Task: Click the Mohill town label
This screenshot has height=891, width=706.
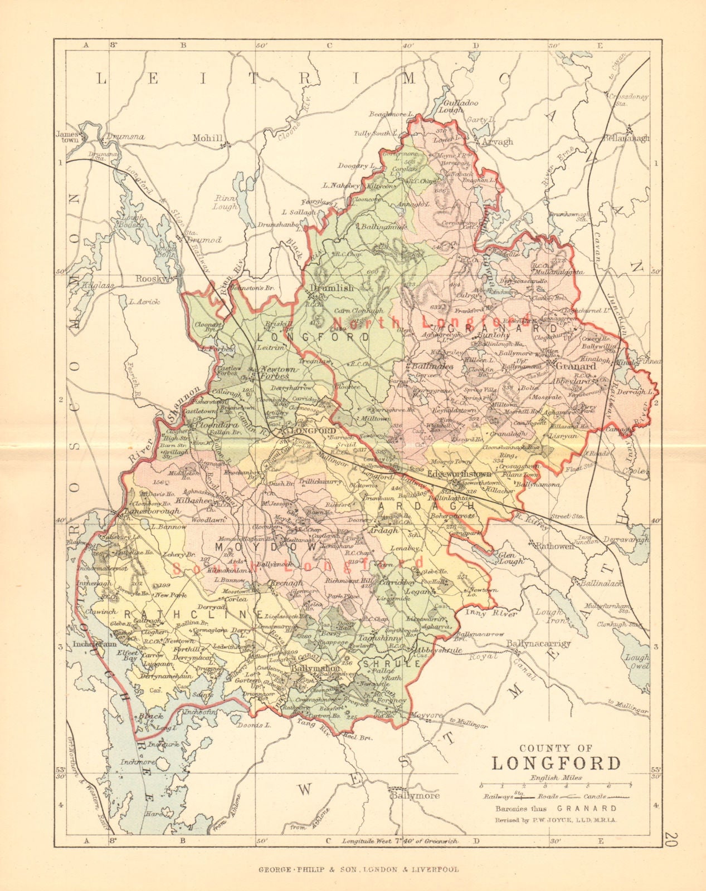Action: tap(207, 138)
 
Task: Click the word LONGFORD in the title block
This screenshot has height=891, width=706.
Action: tap(556, 762)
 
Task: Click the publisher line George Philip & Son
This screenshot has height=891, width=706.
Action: tap(358, 869)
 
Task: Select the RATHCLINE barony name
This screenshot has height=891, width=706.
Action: tap(193, 614)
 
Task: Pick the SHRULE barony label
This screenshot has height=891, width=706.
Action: tap(384, 664)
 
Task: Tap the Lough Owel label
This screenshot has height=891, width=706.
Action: tap(636, 661)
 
